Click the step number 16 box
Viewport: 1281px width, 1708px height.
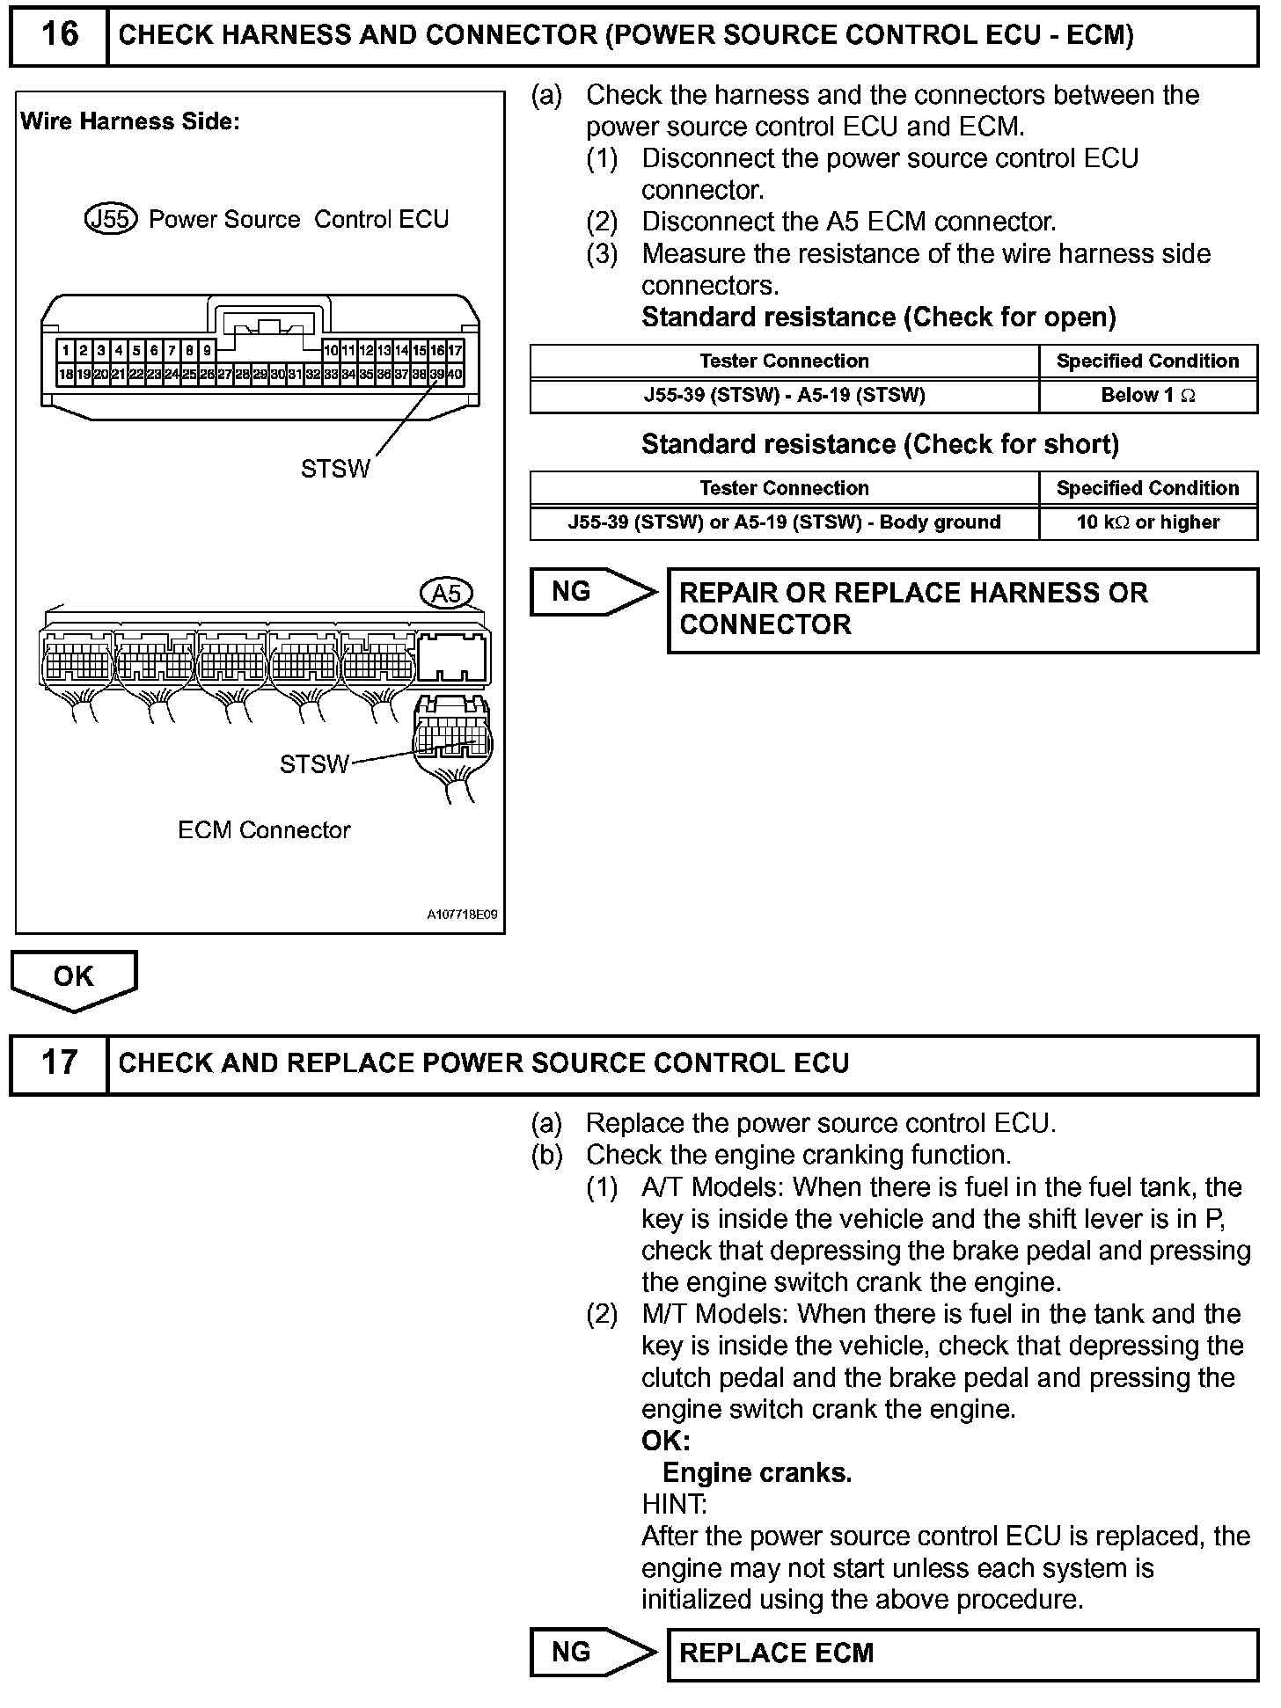59,35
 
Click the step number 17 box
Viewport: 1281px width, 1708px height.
59,1063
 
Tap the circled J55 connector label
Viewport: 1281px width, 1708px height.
111,219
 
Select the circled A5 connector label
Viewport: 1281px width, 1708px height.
447,594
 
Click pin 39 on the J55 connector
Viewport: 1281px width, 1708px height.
437,374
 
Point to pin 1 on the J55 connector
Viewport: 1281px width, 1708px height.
66,350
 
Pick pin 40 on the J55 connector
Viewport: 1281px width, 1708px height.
455,374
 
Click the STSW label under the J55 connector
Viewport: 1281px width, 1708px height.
335,469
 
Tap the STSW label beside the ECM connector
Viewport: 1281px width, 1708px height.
314,764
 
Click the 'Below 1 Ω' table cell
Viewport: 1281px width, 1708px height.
1147,396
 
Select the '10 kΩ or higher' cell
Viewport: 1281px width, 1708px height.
1147,522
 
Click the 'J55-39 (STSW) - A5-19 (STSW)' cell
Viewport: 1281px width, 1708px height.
784,396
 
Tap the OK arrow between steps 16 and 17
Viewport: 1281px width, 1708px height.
74,978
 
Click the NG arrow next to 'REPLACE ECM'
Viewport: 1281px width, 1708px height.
591,1653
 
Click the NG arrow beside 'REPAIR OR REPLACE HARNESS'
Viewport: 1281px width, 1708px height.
591,592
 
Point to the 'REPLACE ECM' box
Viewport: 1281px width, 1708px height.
963,1653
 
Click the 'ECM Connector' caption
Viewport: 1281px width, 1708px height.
264,830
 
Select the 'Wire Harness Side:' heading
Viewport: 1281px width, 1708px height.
130,121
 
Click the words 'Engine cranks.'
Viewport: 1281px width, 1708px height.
757,1473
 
